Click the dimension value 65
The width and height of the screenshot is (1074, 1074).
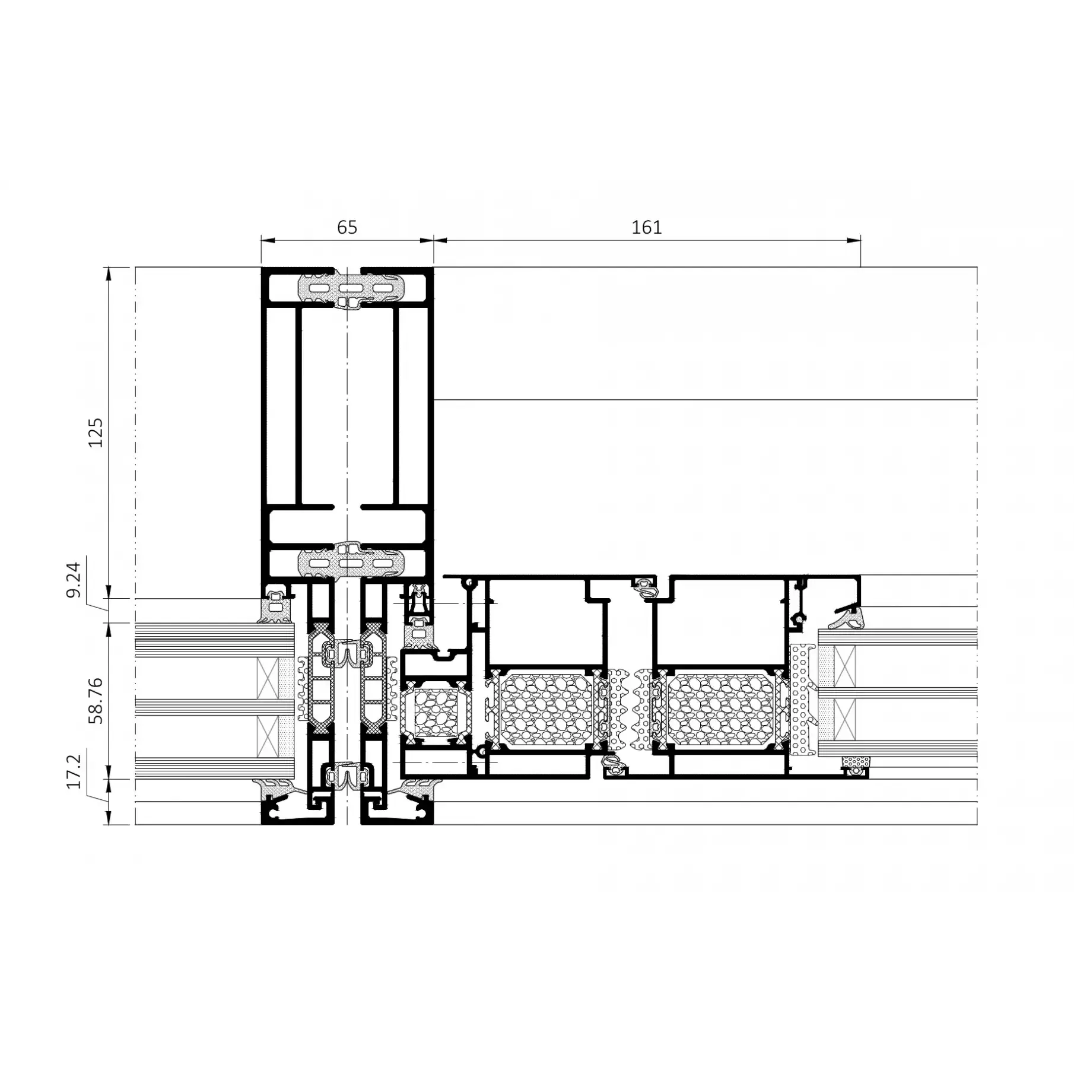[347, 227]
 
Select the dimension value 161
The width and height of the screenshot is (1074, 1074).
[646, 227]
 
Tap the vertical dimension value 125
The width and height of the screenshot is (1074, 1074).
[96, 433]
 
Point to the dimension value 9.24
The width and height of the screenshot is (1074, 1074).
[74, 580]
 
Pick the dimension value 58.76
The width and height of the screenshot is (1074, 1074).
[96, 701]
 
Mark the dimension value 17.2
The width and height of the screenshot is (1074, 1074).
[74, 771]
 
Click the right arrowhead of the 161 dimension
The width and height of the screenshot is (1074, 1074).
[853, 240]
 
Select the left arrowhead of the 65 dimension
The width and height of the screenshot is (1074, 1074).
[269, 240]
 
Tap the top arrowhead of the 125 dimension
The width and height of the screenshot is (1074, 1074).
[108, 275]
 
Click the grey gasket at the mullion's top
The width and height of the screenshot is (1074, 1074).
[350, 289]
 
